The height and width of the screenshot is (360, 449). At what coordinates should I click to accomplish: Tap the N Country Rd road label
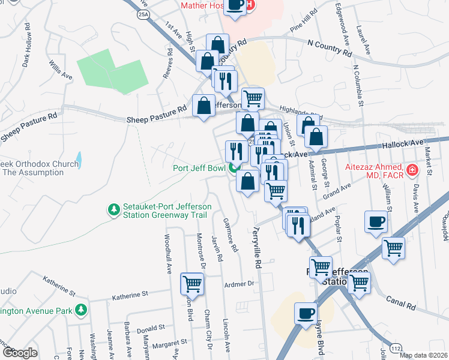[329, 47]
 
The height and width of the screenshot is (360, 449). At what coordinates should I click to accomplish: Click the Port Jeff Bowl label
[199, 168]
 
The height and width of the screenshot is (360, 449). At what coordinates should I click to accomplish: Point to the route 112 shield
[394, 349]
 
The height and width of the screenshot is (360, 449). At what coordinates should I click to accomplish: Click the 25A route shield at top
[143, 14]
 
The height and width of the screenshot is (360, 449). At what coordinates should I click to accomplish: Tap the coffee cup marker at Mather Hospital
[235, 5]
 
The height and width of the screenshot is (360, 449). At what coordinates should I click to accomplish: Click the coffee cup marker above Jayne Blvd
[306, 313]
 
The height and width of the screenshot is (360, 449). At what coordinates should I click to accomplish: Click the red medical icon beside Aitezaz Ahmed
[412, 170]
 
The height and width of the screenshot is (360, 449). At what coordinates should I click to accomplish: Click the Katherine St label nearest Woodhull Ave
[130, 295]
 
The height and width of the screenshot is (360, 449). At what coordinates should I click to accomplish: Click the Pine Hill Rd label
[303, 21]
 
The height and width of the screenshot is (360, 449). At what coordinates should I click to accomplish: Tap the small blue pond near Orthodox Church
[79, 160]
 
